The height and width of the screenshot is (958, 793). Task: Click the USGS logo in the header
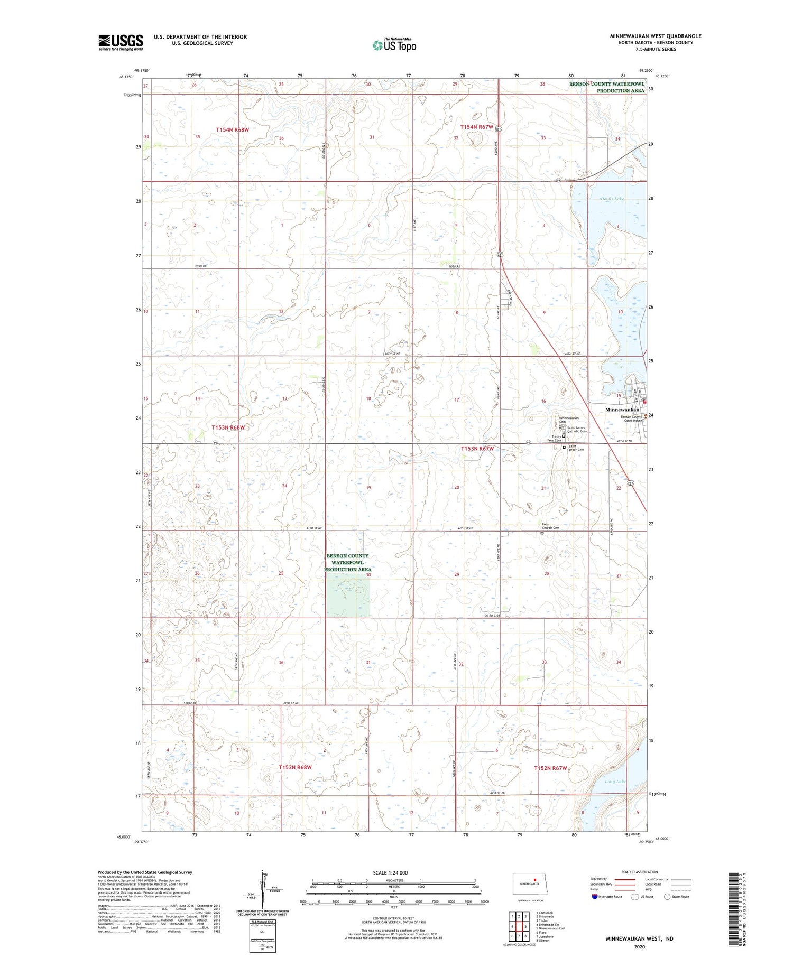tap(121, 42)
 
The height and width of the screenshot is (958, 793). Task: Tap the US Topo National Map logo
tap(394, 45)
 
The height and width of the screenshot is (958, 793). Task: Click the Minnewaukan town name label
tap(622, 410)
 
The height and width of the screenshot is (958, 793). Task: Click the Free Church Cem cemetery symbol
tap(542, 533)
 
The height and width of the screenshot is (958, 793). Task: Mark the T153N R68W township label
tap(229, 427)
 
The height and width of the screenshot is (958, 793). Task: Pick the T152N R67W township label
tap(550, 768)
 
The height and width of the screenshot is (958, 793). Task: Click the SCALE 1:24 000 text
tap(393, 872)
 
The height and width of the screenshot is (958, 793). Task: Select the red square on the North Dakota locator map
tap(535, 880)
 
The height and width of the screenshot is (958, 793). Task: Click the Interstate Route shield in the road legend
tap(595, 896)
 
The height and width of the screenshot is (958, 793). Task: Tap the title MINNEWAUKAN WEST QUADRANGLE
tap(656, 36)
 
